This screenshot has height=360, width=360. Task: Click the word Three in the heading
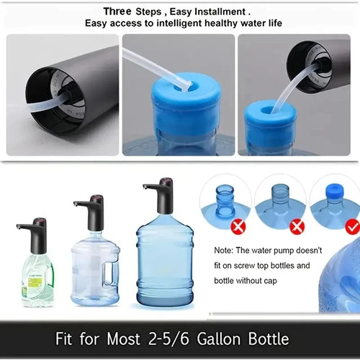[117, 11]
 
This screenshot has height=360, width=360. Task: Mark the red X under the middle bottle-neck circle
[297, 226]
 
